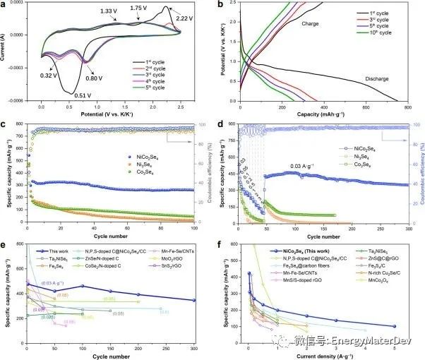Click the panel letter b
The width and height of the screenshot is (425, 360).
(x=222, y=6)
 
